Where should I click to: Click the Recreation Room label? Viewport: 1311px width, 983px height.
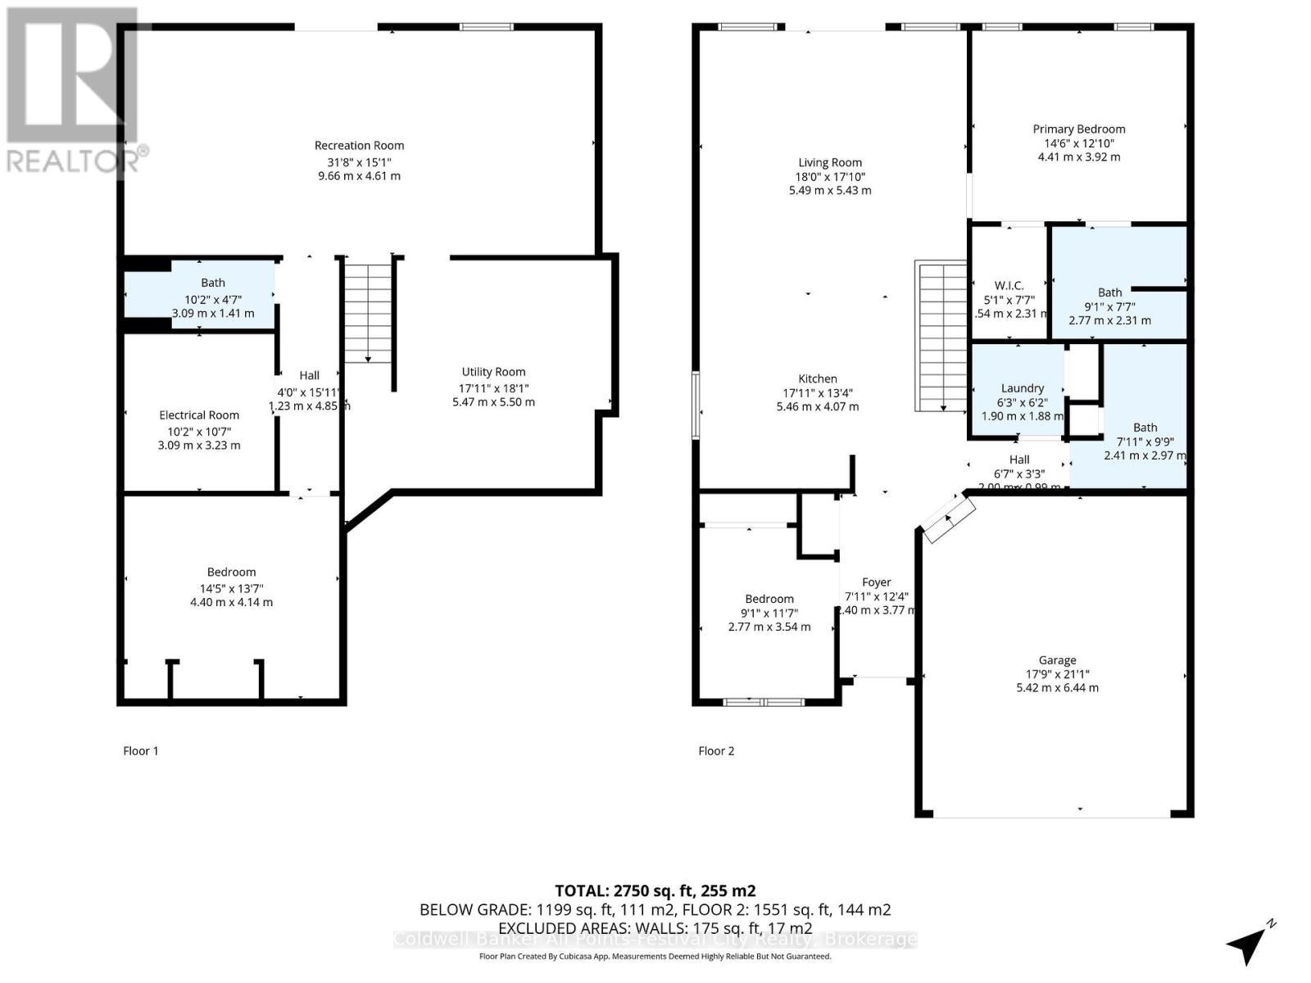[x=359, y=145]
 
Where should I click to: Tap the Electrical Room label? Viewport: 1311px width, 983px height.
[x=199, y=415]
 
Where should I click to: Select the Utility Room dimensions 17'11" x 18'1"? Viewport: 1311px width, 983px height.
[x=493, y=387]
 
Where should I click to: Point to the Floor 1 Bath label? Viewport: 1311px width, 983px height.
[x=213, y=283]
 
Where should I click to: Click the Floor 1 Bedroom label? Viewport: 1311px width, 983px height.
[x=231, y=572]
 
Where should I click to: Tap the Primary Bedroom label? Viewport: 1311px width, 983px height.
[x=1078, y=129]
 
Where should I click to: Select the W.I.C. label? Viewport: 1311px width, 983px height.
[x=1009, y=285]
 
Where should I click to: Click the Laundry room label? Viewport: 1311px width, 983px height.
[x=1022, y=387]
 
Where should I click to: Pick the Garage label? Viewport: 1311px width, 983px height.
[x=1057, y=659]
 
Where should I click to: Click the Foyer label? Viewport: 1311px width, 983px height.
[x=876, y=582]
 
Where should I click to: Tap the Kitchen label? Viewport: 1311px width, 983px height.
[x=817, y=378]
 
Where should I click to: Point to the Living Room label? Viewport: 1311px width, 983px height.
[x=829, y=162]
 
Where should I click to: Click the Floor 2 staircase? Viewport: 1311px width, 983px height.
[x=942, y=336]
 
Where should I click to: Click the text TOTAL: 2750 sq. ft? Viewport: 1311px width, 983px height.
[x=655, y=890]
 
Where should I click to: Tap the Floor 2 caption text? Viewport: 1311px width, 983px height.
[x=715, y=750]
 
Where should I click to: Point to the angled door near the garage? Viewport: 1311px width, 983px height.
[x=949, y=519]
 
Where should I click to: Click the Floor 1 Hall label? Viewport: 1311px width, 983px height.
[x=309, y=375]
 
